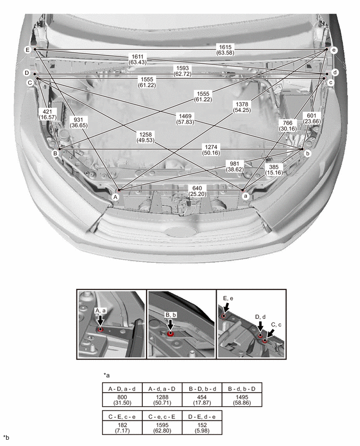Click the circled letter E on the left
(x=28, y=50)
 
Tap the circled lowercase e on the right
(x=334, y=50)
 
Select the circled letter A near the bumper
(x=115, y=197)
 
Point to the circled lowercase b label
(x=307, y=153)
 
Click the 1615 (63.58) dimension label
(x=225, y=50)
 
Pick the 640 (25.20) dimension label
(x=197, y=191)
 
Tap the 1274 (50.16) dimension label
(x=211, y=150)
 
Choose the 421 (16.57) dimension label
(x=48, y=114)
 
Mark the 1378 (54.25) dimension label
(x=242, y=107)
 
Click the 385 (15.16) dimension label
(x=274, y=170)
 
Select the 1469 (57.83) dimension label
(x=185, y=119)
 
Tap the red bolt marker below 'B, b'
(x=171, y=333)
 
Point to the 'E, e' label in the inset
(x=228, y=298)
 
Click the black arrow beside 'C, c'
(x=271, y=333)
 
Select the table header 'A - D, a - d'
(x=122, y=388)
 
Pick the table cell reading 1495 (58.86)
(x=242, y=400)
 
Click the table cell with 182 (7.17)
(x=122, y=428)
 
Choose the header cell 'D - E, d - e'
(x=202, y=417)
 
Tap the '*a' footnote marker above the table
(x=107, y=375)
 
